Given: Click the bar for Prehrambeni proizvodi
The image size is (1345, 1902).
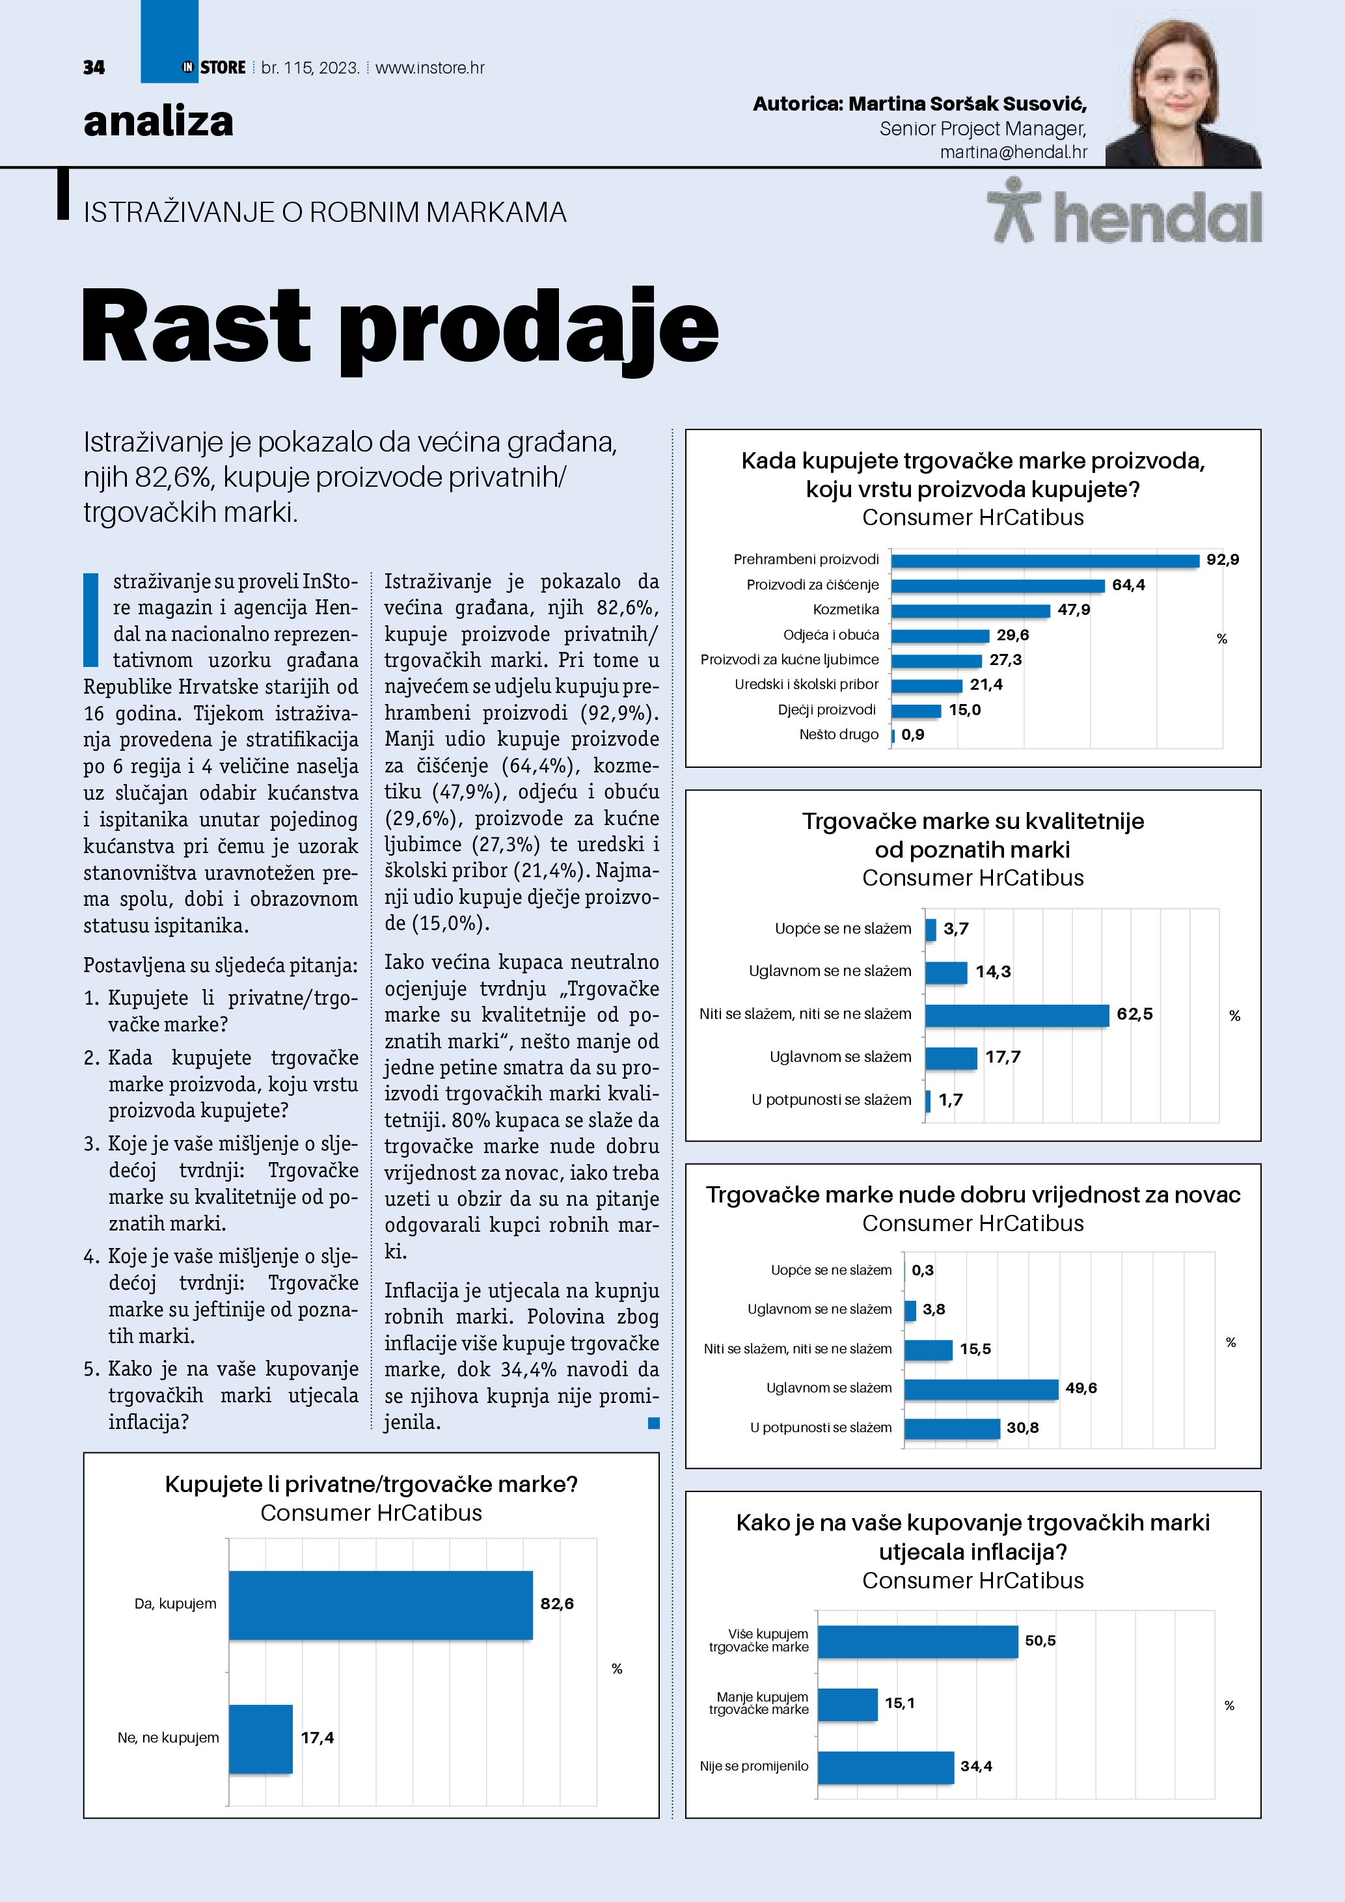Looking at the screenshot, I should (1044, 561).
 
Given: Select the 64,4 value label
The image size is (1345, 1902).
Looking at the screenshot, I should (1128, 585).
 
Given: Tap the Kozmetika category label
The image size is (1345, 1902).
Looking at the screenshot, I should (846, 610).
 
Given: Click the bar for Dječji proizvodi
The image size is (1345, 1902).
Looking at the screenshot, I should (916, 711).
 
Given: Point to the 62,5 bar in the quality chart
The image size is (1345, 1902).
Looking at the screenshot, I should (1016, 1015).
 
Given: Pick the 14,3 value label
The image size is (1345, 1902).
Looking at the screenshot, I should (992, 971).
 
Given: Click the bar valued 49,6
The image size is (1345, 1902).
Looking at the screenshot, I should (981, 1389).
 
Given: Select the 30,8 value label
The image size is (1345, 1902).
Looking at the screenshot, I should (1022, 1428).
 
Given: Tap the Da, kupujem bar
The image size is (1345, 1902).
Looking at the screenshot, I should (380, 1605).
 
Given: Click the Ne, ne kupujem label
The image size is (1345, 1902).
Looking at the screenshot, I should (168, 1738).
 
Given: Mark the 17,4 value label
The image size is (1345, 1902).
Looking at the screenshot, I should (316, 1738).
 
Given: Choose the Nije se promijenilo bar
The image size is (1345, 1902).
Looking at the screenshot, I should (886, 1767).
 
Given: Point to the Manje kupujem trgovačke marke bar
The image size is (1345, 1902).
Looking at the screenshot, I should (847, 1704).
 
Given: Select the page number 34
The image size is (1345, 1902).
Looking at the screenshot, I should (94, 68).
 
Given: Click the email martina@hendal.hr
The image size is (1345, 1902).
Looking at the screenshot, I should (1013, 152).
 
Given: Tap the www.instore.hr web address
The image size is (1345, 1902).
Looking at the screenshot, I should (430, 68).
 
